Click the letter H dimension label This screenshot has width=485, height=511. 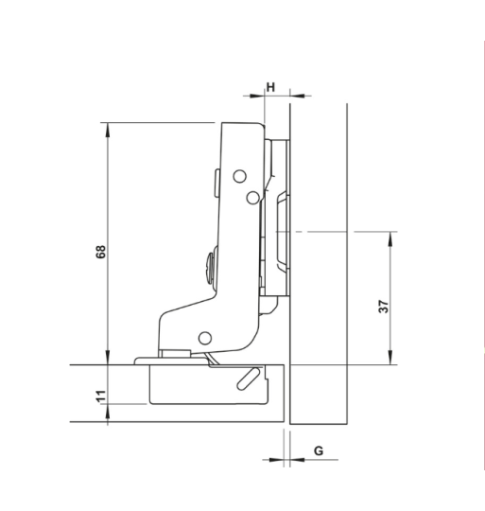(271, 87)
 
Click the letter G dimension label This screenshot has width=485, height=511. (319, 450)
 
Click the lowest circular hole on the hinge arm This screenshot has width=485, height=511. (203, 337)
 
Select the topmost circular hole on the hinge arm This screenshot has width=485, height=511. (240, 176)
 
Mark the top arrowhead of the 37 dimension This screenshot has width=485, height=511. (390, 236)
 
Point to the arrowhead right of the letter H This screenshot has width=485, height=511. (286, 95)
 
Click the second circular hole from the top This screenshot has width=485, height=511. (252, 196)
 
